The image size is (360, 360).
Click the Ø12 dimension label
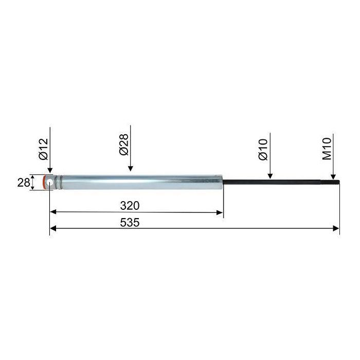click(44, 149)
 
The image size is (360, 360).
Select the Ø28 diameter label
click(124, 145)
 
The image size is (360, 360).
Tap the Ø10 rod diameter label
click(263, 149)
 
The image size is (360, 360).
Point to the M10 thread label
click(327, 149)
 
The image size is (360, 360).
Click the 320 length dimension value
click(130, 206)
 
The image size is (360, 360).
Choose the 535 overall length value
click(130, 223)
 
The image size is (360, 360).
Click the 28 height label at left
click(24, 183)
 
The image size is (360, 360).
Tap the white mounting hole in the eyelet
click(50, 183)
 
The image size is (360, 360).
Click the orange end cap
click(44, 182)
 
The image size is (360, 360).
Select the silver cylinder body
click(142, 182)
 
